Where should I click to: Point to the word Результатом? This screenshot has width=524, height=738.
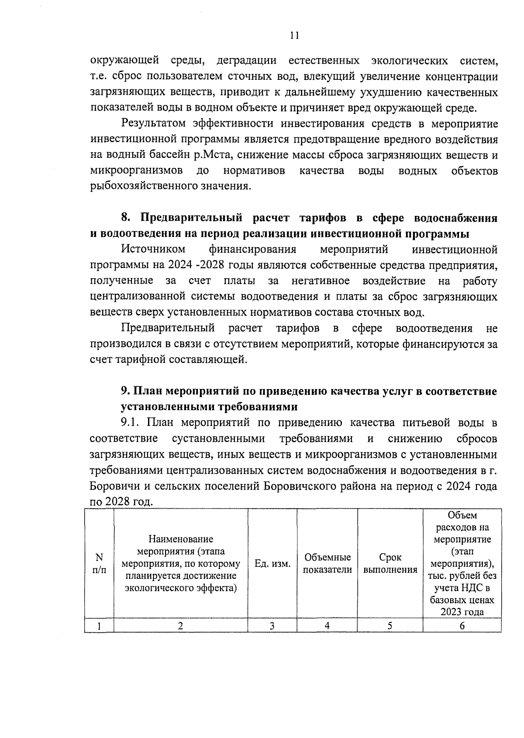point(154,123)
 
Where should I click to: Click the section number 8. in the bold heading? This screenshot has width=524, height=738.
point(126,218)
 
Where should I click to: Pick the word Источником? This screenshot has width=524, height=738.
point(153,249)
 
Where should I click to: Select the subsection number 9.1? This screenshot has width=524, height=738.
point(131,423)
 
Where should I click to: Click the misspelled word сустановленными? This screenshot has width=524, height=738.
point(218,438)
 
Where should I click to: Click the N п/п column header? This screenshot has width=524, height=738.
point(99,563)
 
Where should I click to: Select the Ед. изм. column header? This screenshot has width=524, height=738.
point(272,564)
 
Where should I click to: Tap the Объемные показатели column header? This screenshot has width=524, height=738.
point(327,564)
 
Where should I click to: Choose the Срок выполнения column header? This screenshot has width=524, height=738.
point(390,564)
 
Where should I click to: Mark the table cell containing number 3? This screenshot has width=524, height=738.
point(272,626)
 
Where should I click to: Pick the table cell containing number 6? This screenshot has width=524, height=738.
point(462,626)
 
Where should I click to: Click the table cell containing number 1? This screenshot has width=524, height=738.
point(99,626)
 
